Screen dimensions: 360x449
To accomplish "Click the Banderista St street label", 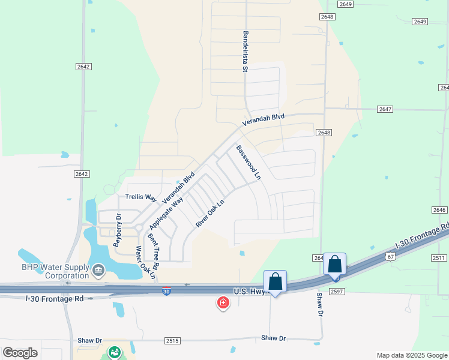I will pos(245,52).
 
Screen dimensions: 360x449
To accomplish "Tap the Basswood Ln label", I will pos(249,163).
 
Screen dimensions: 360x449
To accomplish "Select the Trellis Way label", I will pos(140,197).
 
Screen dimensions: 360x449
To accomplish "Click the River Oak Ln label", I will pos(209,213).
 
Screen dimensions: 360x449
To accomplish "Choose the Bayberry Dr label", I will pos(118,230).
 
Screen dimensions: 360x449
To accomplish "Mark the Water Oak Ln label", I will pos(145,262).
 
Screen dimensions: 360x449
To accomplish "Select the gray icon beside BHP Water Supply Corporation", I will pos(98,271).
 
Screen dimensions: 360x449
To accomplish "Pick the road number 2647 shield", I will pos(385,109).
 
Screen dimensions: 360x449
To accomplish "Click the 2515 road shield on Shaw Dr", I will pos(172,340).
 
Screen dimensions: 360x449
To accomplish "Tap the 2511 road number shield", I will pos(439,258).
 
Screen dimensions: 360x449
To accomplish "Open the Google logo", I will pos(20,353).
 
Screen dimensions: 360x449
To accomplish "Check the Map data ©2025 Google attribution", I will pos(411,355).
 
